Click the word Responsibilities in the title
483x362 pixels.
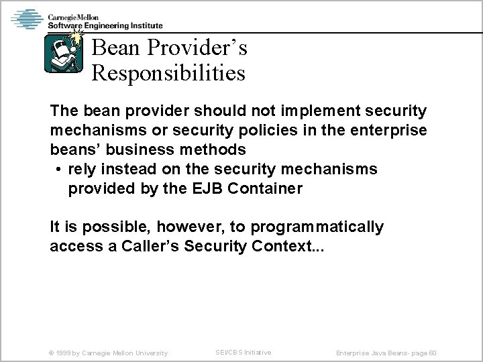pyautogui.click(x=168, y=72)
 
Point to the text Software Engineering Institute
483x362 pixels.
pyautogui.click(x=105, y=26)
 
